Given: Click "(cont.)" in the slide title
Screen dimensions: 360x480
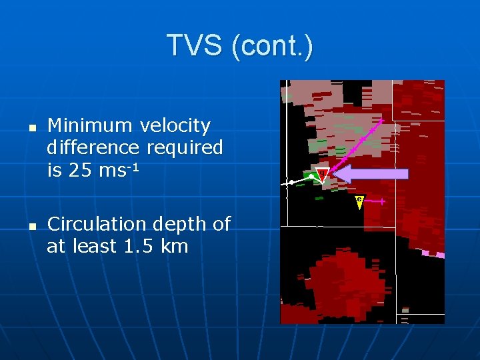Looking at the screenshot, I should [x=271, y=45].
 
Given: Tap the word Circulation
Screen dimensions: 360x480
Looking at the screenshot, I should [x=98, y=225].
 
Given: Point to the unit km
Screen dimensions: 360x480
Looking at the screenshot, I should [x=174, y=247].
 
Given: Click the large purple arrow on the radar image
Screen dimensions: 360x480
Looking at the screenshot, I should [x=370, y=174].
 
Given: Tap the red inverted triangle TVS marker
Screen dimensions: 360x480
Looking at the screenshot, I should [x=322, y=175].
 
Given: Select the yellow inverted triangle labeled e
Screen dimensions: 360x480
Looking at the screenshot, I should [x=359, y=201].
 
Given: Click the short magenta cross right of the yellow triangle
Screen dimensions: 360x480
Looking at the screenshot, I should [x=381, y=201].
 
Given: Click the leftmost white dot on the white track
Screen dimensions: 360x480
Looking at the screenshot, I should [x=291, y=182].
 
